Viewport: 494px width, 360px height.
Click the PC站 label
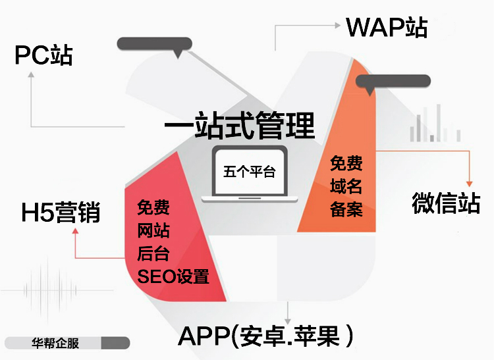43,55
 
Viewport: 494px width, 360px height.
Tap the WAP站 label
387,27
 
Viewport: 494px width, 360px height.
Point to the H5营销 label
61,213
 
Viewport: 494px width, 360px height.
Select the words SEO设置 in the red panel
173,276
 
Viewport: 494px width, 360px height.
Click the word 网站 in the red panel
153,231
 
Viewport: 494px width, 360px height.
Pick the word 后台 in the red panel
153,253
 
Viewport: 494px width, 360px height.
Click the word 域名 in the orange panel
346,186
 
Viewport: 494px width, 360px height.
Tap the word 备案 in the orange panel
346,209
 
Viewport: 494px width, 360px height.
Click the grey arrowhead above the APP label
288,316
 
